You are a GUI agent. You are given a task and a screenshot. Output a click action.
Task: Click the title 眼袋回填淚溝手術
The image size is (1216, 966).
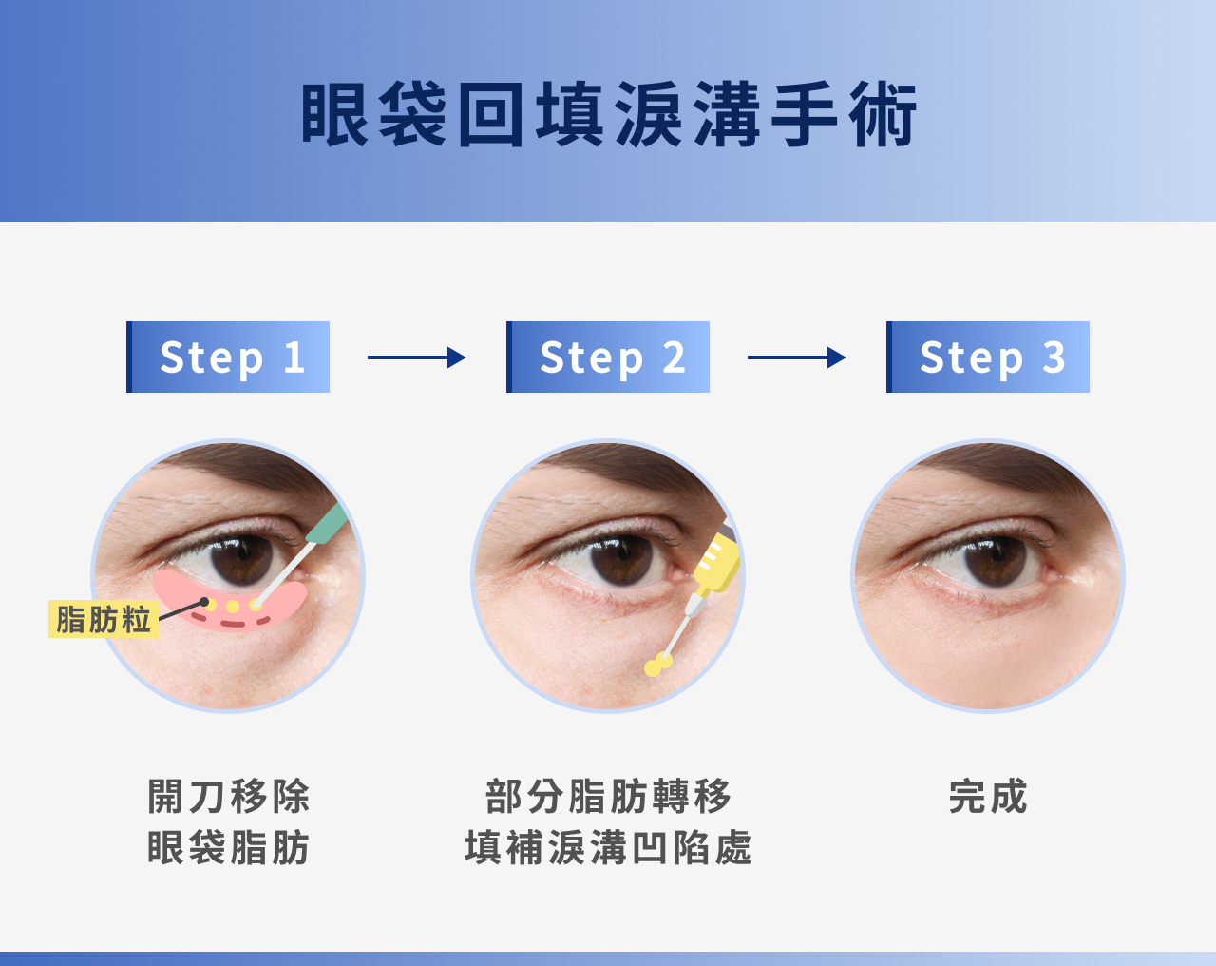coord(608,115)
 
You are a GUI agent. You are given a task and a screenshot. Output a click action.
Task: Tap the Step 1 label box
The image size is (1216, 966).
coord(228,357)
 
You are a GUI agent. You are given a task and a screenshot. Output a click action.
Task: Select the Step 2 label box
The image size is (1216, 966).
coord(608,357)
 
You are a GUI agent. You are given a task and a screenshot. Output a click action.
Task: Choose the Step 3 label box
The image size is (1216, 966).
coord(988,357)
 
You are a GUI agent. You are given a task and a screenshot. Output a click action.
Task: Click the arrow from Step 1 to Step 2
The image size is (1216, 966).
coord(416,357)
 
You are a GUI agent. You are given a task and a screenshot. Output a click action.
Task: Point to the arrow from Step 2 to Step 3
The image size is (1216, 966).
coord(796,357)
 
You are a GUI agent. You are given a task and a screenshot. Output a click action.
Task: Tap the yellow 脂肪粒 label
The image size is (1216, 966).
coord(103,619)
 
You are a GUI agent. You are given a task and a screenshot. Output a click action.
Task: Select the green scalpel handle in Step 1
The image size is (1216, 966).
coord(329,523)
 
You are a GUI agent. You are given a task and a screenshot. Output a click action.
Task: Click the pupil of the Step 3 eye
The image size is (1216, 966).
coord(996,559)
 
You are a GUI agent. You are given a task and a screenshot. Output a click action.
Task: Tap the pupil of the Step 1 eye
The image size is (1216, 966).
coord(245,559)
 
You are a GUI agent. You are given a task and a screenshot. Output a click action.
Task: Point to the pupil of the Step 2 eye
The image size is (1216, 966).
coord(622,559)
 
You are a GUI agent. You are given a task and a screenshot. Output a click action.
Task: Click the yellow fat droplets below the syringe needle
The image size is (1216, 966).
coord(657,665)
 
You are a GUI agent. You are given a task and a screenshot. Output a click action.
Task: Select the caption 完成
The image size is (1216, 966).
coord(988,797)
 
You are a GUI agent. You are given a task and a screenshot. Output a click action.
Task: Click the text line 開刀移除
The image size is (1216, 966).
coord(228,797)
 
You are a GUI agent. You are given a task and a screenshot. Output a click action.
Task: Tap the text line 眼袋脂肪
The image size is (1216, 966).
coord(228,847)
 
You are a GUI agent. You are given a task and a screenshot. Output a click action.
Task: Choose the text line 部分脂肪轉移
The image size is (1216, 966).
coord(608,797)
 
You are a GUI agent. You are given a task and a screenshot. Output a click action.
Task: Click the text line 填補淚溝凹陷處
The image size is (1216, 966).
coord(608,847)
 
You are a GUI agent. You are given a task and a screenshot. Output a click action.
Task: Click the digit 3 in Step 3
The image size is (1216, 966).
coord(1054,357)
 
